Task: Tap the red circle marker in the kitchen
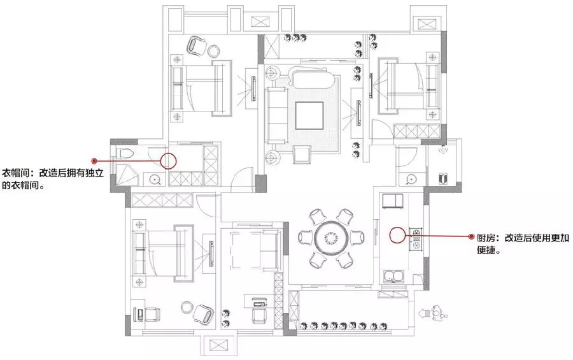pyautogui.click(x=398, y=236)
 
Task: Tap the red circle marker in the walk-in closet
pyautogui.click(x=168, y=160)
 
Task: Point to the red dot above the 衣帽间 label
pyautogui.click(x=94, y=161)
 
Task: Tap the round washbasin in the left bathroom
pyautogui.click(x=155, y=179)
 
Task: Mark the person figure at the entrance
pyautogui.click(x=439, y=313)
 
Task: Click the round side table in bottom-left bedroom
pyautogui.click(x=185, y=306)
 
